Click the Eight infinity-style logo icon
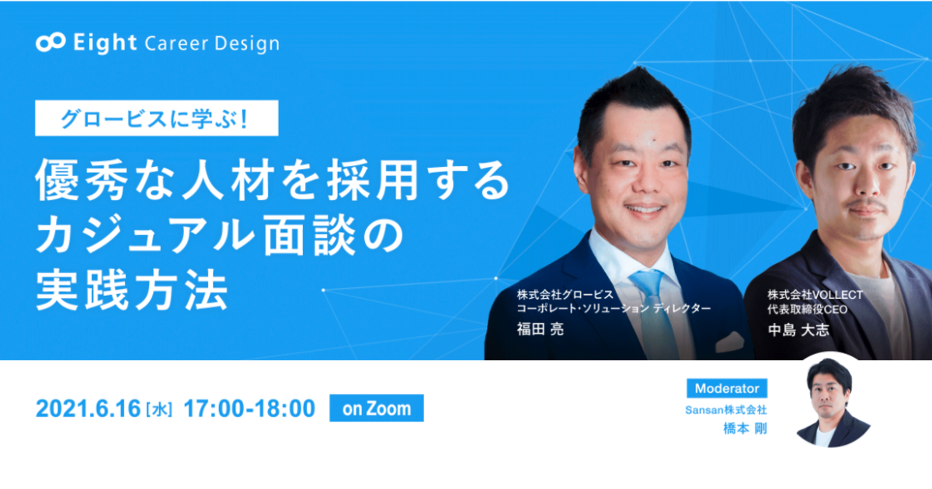(50, 42)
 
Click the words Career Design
(212, 44)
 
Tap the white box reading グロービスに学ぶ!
(156, 118)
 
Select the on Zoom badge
(377, 408)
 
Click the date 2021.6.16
(89, 409)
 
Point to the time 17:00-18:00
(249, 409)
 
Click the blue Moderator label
(727, 388)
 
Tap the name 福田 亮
(540, 329)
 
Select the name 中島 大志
(798, 330)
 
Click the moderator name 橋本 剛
(745, 428)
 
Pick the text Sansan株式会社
(726, 410)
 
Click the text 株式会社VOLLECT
(815, 295)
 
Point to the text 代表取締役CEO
(808, 310)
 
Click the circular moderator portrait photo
(831, 400)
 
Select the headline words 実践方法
(132, 290)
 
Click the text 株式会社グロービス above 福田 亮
(565, 294)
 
